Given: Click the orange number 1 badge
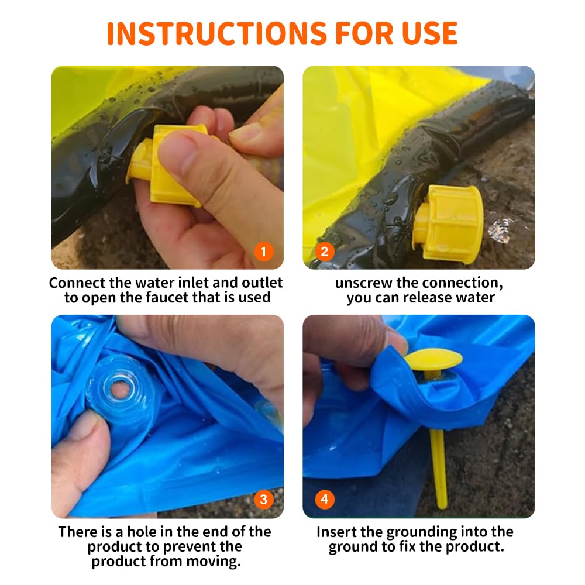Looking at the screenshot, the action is (x=264, y=252).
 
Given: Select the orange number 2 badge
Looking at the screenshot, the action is (x=325, y=252).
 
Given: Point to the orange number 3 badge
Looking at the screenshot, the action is (x=264, y=499).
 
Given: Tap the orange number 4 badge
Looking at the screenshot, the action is (x=325, y=499).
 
